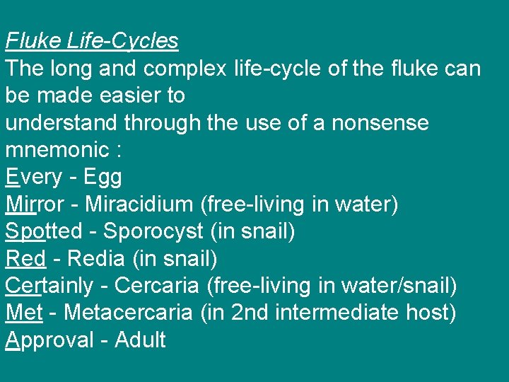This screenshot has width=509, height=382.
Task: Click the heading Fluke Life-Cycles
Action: (92, 41)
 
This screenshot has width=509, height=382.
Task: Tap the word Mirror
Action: (39, 204)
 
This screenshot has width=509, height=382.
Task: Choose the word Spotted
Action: (44, 231)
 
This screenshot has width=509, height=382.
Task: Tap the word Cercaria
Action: (158, 286)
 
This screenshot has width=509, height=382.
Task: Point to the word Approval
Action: (47, 340)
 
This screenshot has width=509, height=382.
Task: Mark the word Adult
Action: (140, 340)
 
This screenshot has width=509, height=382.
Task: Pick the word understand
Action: (62, 123)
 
